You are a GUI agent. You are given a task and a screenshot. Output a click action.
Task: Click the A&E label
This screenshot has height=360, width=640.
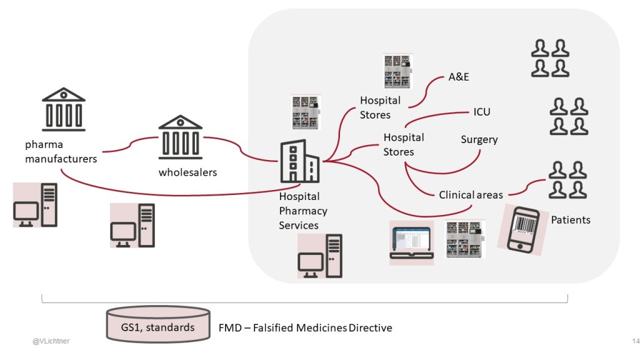(459, 77)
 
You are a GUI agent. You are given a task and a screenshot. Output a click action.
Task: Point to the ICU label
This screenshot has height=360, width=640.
(482, 112)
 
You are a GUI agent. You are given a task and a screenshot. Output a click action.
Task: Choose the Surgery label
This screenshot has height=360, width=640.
(479, 139)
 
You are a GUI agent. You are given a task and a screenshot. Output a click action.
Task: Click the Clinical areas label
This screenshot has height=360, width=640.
(471, 195)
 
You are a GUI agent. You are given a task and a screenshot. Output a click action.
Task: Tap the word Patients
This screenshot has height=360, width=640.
(570, 220)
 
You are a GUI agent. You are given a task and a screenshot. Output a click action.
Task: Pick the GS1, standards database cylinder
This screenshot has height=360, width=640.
(157, 326)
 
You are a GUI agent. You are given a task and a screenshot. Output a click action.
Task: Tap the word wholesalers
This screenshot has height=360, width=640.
(187, 172)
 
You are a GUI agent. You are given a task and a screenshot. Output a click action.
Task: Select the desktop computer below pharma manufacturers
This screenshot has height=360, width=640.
(36, 205)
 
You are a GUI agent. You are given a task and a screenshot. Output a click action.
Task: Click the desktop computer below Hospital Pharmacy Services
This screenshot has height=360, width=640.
(320, 256)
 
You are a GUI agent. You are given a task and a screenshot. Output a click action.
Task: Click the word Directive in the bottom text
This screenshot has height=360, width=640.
(371, 327)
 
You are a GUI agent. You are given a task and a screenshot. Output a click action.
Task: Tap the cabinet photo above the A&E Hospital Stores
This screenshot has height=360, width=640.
(398, 71)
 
